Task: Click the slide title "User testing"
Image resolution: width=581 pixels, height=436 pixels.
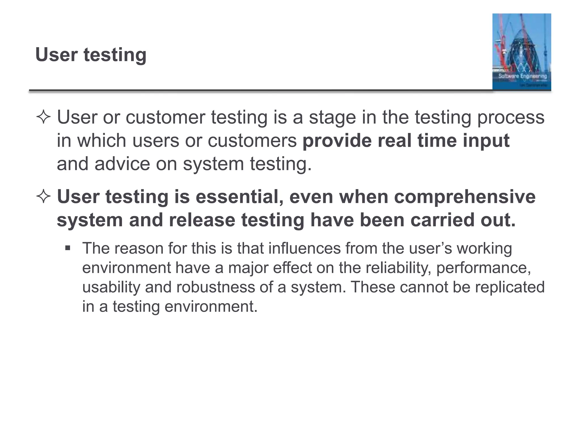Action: coord(91,54)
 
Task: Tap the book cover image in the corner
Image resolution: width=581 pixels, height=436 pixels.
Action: coord(521,52)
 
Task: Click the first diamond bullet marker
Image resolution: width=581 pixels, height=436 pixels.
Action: coord(43,117)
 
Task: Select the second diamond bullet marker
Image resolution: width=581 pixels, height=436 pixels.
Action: coord(43,197)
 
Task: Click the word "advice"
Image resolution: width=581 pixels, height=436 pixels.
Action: coord(122,164)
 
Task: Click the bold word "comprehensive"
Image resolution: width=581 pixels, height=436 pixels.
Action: coord(465,197)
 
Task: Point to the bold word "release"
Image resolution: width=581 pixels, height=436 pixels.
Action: coord(202,220)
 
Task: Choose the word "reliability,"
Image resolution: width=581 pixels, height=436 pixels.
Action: coord(398,268)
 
